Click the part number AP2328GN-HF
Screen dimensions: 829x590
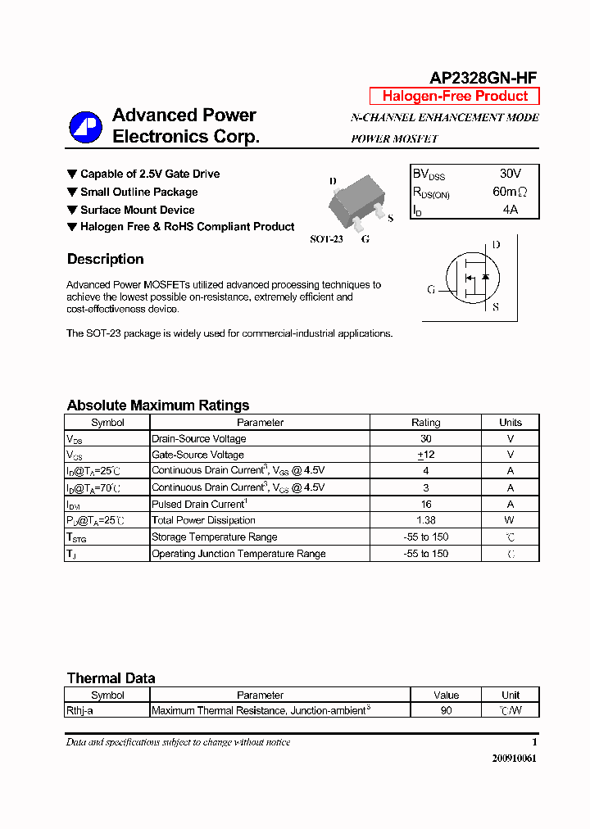coord(483,78)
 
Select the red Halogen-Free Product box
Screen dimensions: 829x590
coord(455,96)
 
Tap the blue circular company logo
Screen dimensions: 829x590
coord(84,127)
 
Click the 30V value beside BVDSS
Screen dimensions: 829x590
coord(510,174)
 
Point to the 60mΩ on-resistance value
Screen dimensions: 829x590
coord(510,192)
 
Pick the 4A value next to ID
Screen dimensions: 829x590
coord(510,210)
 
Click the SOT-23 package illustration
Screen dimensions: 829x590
coord(357,205)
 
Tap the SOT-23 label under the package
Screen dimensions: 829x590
coord(326,239)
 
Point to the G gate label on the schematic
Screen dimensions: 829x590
coord(431,289)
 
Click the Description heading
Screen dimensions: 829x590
coord(105,260)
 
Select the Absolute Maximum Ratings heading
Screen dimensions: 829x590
coord(157,405)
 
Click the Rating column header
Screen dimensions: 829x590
coord(425,423)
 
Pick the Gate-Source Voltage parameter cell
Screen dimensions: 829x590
coord(197,455)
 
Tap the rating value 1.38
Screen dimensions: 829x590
coord(425,520)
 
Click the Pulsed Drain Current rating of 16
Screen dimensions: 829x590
coord(425,504)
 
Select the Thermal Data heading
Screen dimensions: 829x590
coord(111,678)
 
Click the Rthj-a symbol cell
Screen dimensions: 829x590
coord(79,711)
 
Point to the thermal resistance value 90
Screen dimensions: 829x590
coord(446,711)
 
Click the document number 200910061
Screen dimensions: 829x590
coord(515,759)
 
